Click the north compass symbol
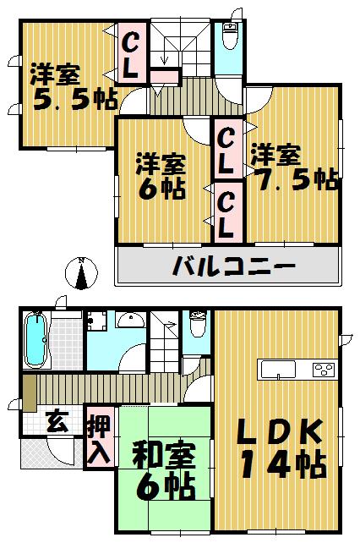pyautogui.click(x=80, y=275)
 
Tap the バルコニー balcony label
pyautogui.click(x=234, y=267)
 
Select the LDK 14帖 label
pyautogui.click(x=278, y=447)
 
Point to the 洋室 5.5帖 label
pyautogui.click(x=63, y=85)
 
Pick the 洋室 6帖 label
pyautogui.click(x=161, y=175)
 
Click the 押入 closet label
pyautogui.click(x=100, y=438)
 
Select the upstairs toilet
pyautogui.click(x=229, y=37)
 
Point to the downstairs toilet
pyautogui.click(x=198, y=325)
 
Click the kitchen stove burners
pyautogui.click(x=323, y=370)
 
